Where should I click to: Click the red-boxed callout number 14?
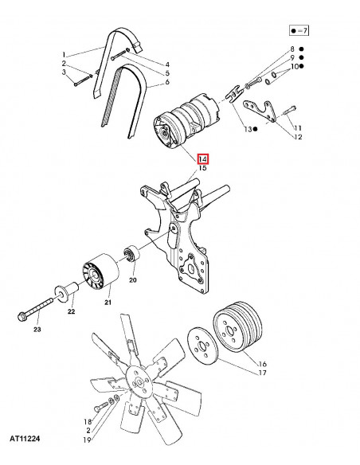[x=202, y=158]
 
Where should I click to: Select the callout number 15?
[x=202, y=169]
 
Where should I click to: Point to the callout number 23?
[x=36, y=328]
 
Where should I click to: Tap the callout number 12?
[x=298, y=137]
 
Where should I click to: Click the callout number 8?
[x=292, y=49]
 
